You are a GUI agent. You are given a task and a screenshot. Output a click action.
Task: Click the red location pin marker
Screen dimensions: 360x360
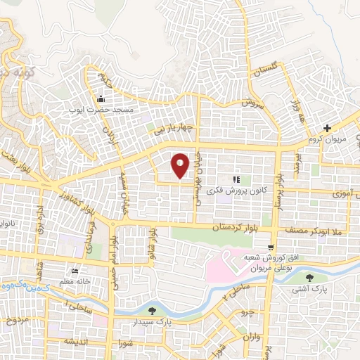point(180,165)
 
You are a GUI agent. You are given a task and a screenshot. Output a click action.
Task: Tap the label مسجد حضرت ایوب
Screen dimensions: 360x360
point(106,110)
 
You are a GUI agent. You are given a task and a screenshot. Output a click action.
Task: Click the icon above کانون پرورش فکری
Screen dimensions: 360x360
point(236,179)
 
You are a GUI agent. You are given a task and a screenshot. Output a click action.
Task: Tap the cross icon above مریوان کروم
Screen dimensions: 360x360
point(327,127)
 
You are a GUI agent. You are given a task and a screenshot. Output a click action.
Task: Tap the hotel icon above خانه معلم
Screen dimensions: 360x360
point(75,271)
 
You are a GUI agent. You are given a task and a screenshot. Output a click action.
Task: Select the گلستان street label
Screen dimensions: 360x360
point(266,71)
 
